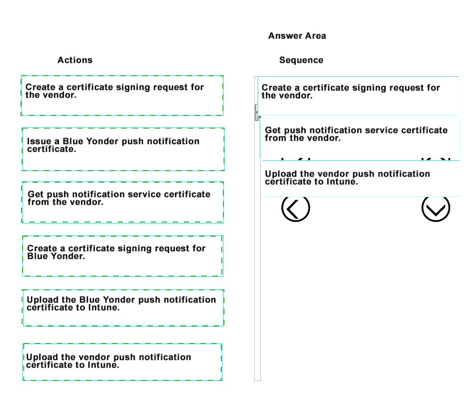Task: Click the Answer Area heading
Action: [297, 36]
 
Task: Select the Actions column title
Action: [75, 60]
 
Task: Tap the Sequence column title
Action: [301, 60]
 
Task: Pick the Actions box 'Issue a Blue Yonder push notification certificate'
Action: [123, 150]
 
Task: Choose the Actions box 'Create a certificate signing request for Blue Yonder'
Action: [122, 256]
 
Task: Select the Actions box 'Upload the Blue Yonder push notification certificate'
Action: [123, 308]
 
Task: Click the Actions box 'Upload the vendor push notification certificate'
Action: [122, 362]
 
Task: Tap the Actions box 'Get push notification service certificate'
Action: [122, 202]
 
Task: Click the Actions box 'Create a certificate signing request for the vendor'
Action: [122, 96]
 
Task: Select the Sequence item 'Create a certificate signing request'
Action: [358, 96]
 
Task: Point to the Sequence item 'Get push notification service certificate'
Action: [360, 138]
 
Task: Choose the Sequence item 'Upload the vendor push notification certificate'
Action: [361, 178]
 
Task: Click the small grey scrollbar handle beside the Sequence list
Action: [257, 112]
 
